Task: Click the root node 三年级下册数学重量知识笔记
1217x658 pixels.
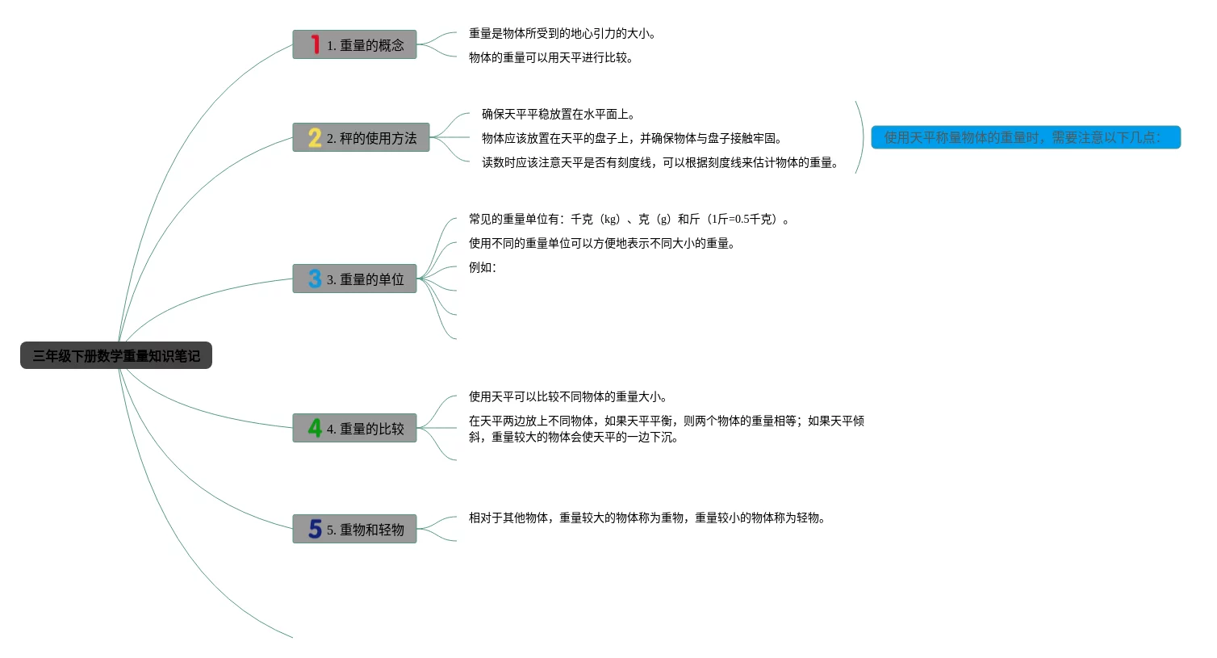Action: tap(116, 355)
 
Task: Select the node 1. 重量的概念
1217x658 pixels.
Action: tap(354, 45)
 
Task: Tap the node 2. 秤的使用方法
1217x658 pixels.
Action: tap(361, 138)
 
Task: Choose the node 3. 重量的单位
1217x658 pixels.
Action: tap(354, 279)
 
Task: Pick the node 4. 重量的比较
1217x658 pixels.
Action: tap(354, 429)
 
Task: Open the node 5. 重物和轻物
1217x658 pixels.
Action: tap(354, 530)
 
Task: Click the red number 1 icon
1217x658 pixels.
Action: tap(315, 44)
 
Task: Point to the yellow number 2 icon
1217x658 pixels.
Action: tap(315, 137)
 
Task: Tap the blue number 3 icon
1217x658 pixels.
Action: tap(315, 279)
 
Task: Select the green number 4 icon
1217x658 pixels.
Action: tap(315, 428)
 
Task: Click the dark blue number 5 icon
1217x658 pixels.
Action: tap(315, 529)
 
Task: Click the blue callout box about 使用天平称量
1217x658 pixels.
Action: tap(1025, 137)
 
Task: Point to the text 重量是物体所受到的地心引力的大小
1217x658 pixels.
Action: tap(562, 34)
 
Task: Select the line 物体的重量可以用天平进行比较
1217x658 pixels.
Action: tap(550, 58)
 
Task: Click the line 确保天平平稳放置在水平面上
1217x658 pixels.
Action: tap(558, 115)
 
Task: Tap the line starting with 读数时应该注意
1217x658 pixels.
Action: tap(660, 163)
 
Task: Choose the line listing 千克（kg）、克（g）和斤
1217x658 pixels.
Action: tap(629, 220)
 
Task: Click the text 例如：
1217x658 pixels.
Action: tap(483, 268)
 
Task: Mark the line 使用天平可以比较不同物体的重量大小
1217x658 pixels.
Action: tap(567, 397)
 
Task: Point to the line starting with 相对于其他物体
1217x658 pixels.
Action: tap(647, 518)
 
